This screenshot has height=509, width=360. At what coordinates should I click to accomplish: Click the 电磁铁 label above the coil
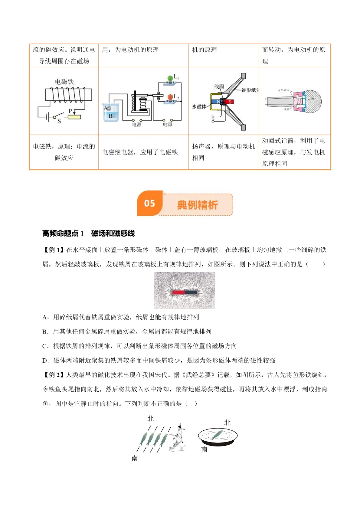click(64, 82)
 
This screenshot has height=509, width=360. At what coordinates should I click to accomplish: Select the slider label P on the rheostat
click(70, 111)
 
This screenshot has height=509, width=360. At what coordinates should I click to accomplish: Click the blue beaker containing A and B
click(111, 112)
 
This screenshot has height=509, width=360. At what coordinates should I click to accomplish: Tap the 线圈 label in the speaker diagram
click(219, 87)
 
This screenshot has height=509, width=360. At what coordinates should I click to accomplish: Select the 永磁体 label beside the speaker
click(199, 107)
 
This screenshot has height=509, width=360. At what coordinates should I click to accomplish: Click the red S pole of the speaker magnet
click(230, 102)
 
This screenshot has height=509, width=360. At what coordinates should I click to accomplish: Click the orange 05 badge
click(150, 203)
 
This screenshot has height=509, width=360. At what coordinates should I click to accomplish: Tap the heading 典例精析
click(197, 205)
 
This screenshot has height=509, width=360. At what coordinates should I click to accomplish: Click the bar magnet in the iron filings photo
click(185, 292)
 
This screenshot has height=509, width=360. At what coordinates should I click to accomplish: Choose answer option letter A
click(45, 317)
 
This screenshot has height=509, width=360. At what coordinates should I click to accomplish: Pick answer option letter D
click(45, 360)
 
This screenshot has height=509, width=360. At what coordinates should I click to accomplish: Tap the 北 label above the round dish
click(227, 423)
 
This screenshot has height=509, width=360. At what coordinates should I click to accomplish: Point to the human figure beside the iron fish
click(178, 437)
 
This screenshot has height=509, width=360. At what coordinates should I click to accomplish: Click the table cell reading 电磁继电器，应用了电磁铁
click(140, 152)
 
